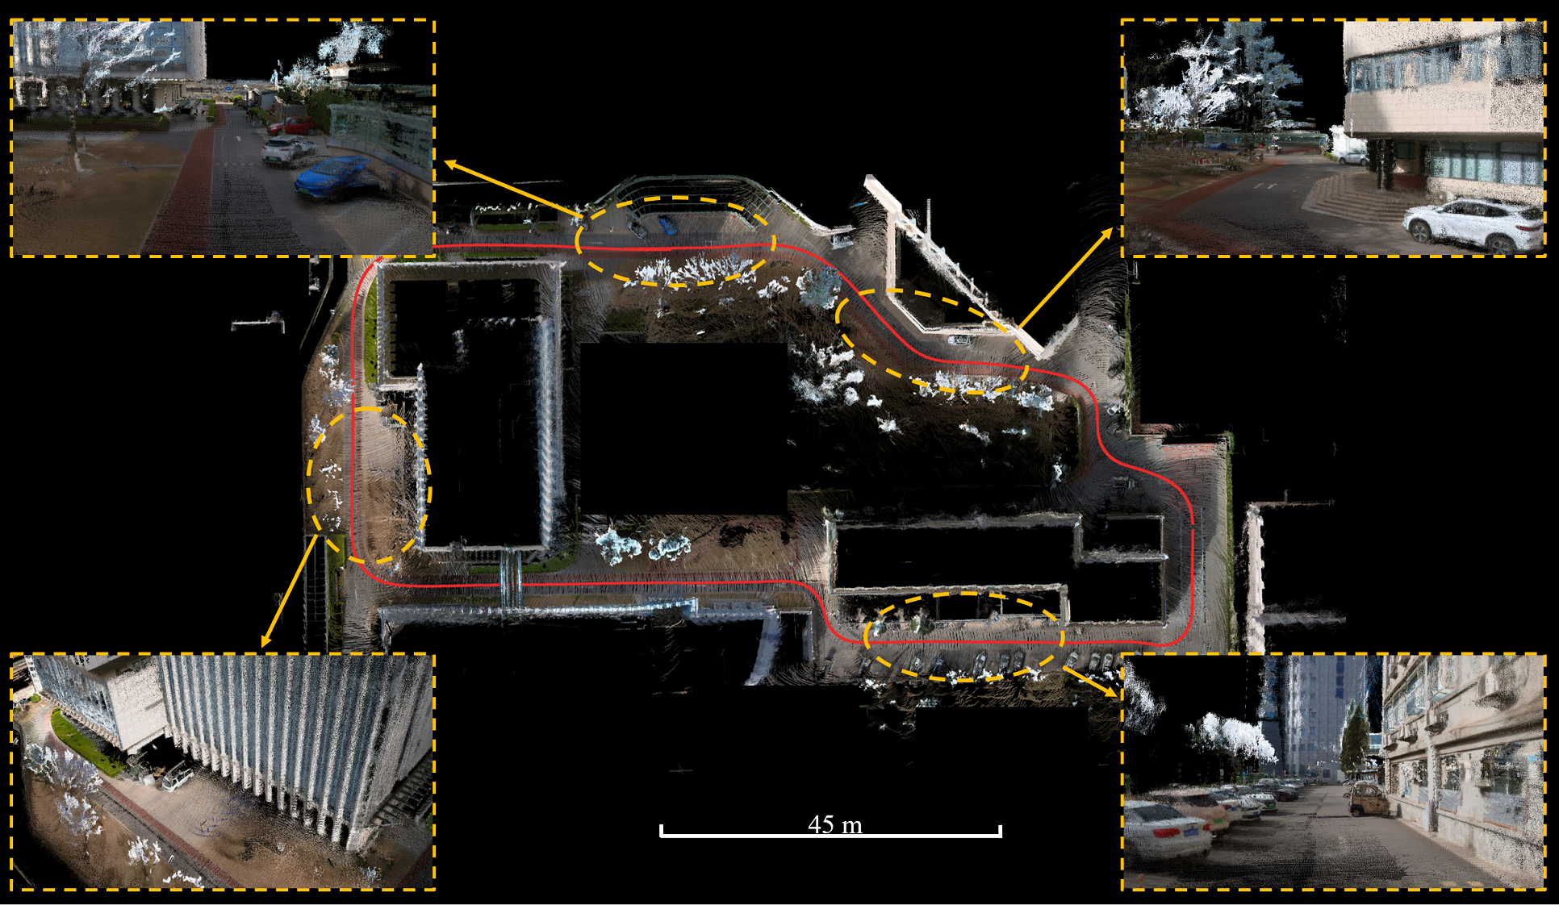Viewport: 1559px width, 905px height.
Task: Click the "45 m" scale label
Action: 835,824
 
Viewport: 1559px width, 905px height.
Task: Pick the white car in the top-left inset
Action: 287,151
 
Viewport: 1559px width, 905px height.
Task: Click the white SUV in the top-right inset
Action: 1472,223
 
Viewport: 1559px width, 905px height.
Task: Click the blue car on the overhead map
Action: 667,223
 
